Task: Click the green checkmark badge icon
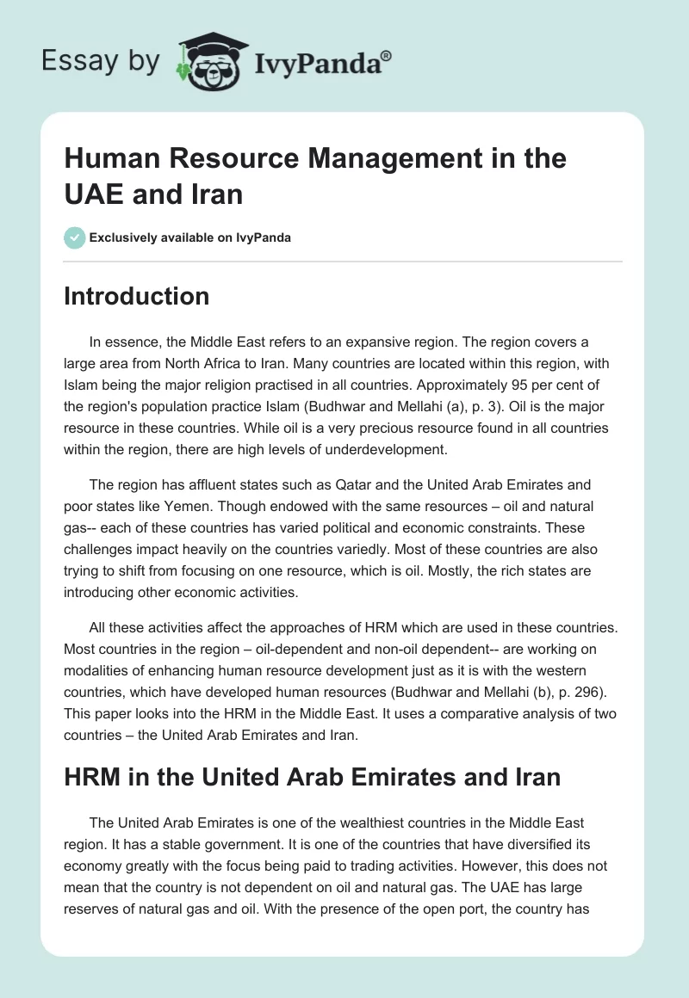click(74, 237)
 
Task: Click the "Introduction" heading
click(137, 296)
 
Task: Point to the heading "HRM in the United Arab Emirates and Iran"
click(313, 777)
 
